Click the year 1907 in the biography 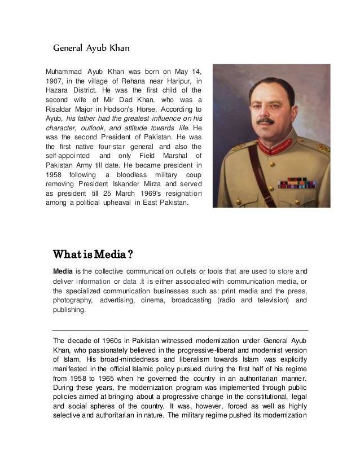pyautogui.click(x=55, y=81)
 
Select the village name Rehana pyautogui.click(x=134, y=81)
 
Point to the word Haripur pyautogui.click(x=181, y=81)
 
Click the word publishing pyautogui.click(x=69, y=310)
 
